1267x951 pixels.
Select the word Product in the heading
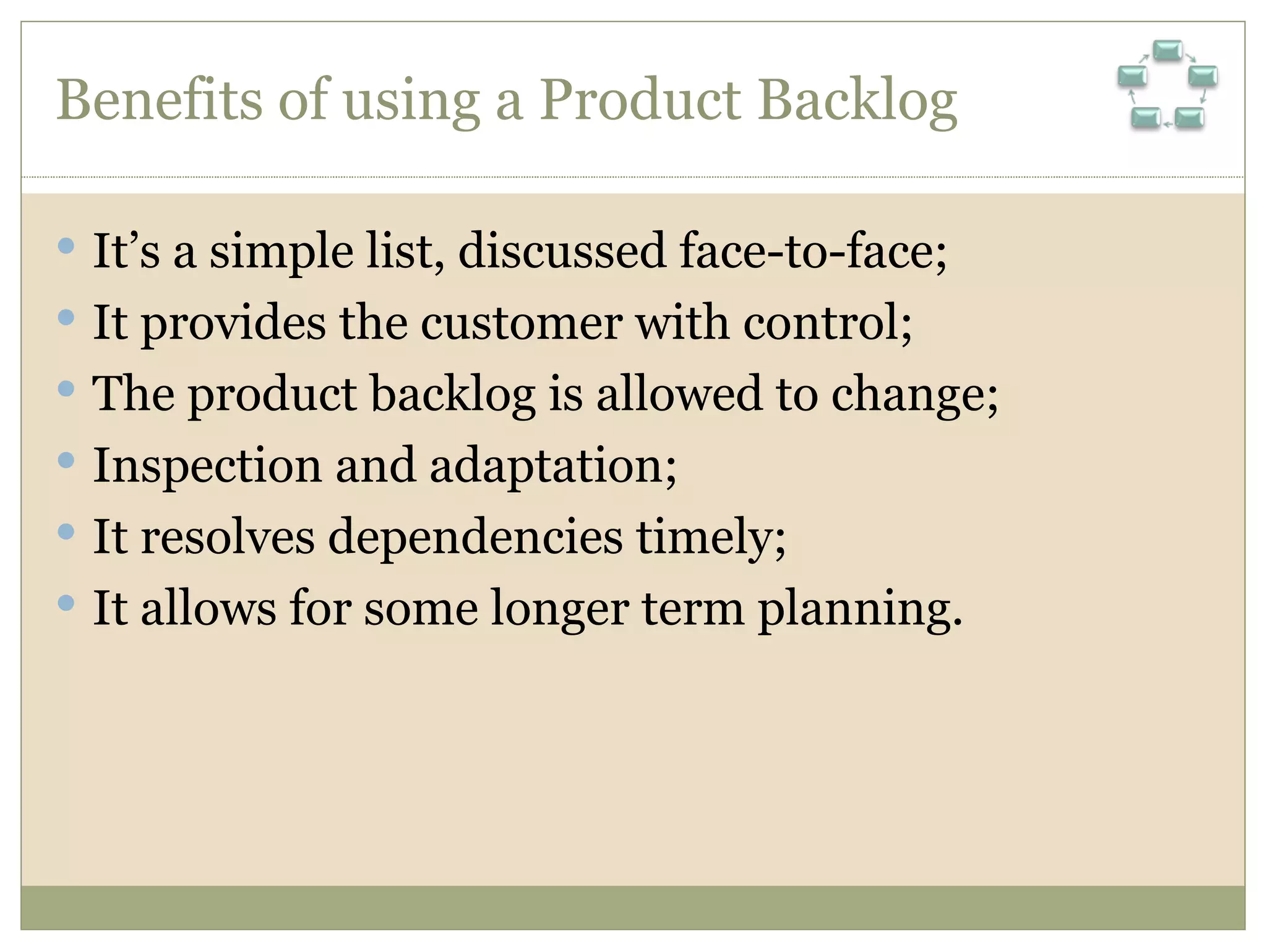[640, 100]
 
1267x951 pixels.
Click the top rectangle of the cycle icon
[1167, 50]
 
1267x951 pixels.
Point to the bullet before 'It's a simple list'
[66, 246]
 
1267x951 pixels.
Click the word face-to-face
[812, 251]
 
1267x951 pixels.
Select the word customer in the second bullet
[522, 323]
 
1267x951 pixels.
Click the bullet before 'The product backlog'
[66, 389]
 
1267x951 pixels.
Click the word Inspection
[207, 466]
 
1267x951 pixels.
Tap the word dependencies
[475, 537]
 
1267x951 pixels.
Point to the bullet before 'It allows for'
[66, 602]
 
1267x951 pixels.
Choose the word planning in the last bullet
[859, 609]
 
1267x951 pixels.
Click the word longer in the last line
[559, 609]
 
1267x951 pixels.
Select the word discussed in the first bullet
[562, 251]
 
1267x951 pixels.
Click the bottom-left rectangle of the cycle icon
[1145, 118]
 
